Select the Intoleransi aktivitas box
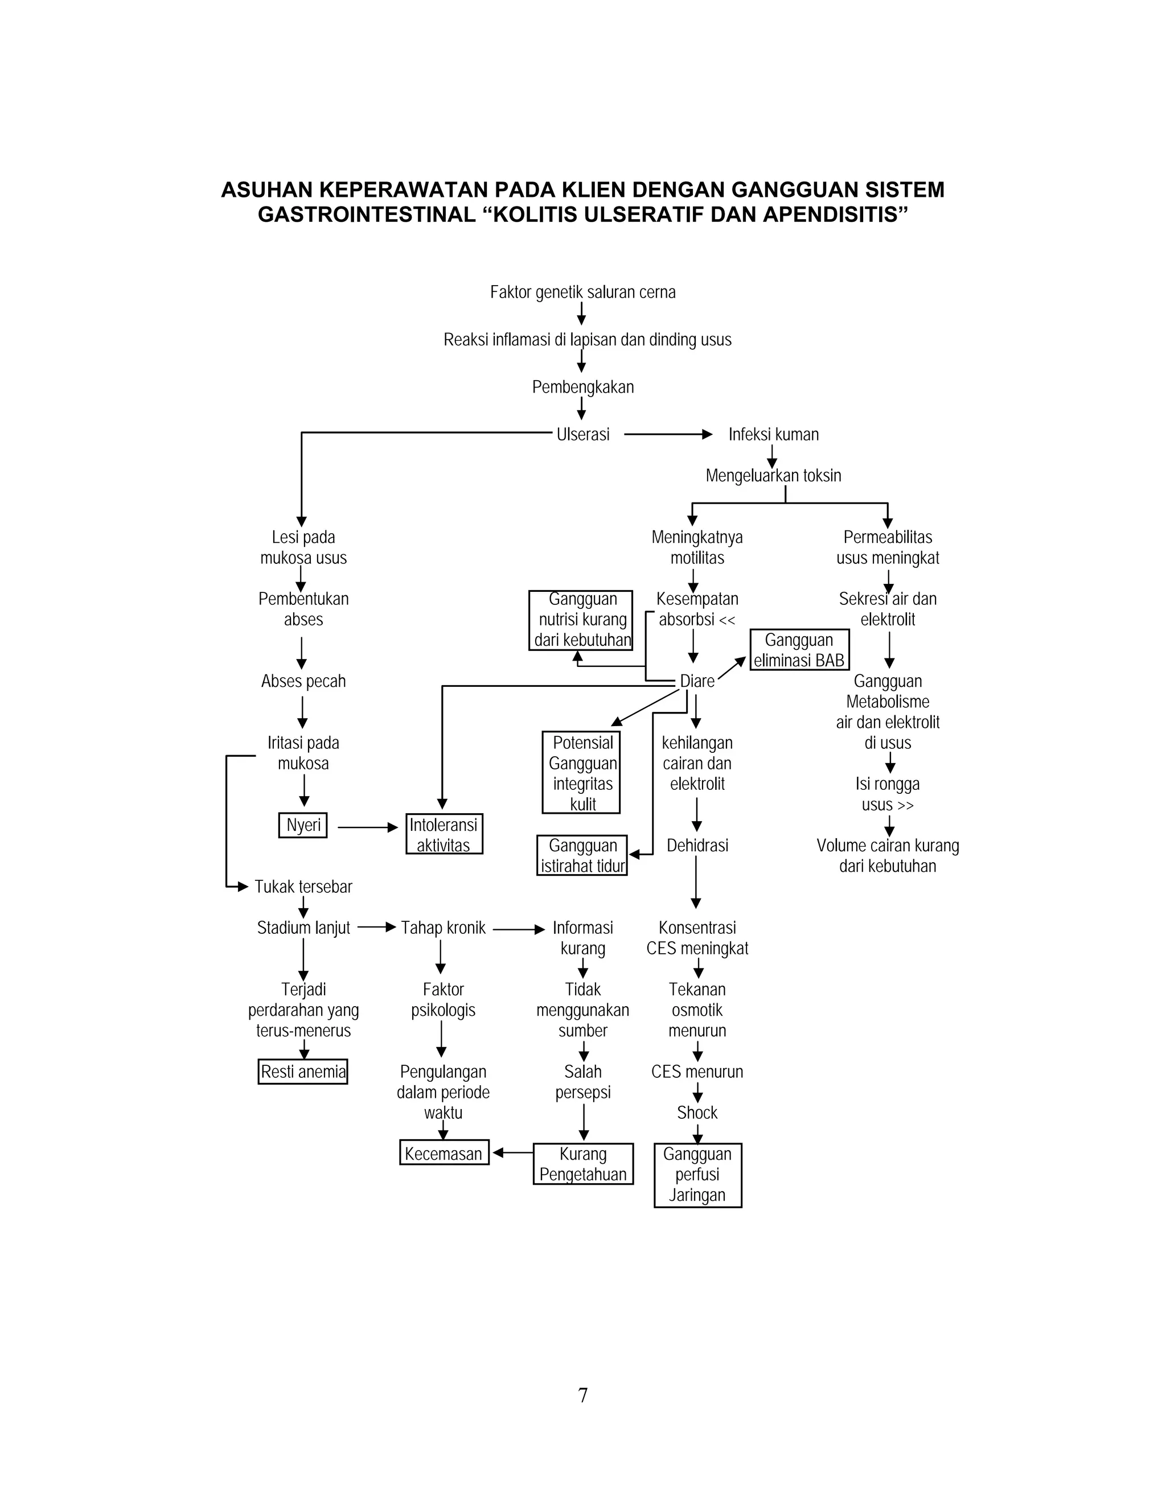[x=444, y=834]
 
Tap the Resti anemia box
[x=302, y=1072]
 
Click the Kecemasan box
[x=444, y=1153]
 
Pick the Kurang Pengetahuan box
[x=583, y=1164]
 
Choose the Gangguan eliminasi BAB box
[x=799, y=650]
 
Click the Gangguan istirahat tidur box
[x=582, y=855]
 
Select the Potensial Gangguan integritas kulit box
[x=582, y=773]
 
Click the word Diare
[x=697, y=682]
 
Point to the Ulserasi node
[x=583, y=434]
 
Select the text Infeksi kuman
[x=773, y=434]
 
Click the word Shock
[x=697, y=1113]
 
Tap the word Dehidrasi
[x=697, y=845]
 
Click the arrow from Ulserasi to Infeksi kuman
[x=667, y=434]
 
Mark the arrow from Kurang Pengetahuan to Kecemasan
[x=512, y=1152]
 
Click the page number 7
[x=583, y=1395]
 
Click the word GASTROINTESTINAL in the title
[x=366, y=215]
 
